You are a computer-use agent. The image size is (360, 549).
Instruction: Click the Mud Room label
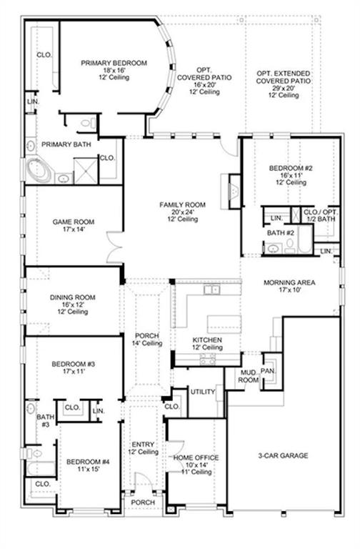point(248,377)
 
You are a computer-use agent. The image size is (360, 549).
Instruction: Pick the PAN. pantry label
point(271,372)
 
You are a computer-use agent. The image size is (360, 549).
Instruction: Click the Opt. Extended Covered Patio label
point(284,81)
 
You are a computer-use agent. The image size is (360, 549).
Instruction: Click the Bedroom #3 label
point(74,367)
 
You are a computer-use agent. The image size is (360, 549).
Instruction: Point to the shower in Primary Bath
point(85,171)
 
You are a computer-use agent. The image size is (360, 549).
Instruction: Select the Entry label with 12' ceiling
point(143,447)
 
